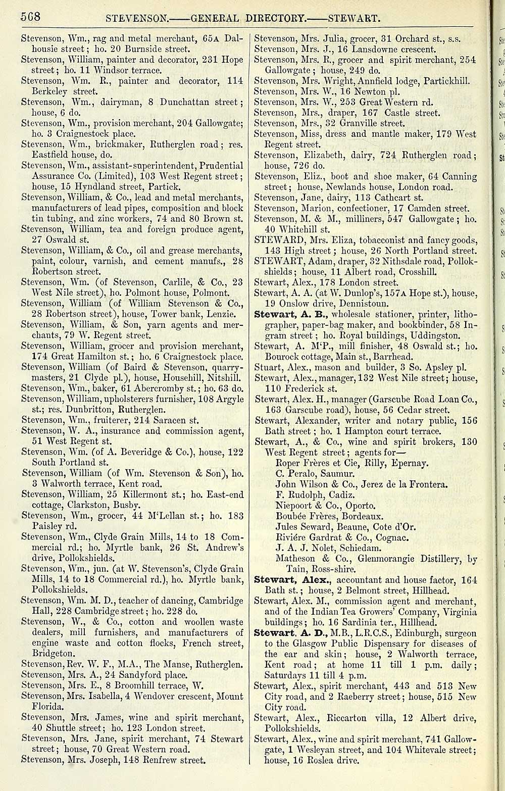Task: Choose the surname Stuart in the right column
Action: [x=267, y=367]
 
